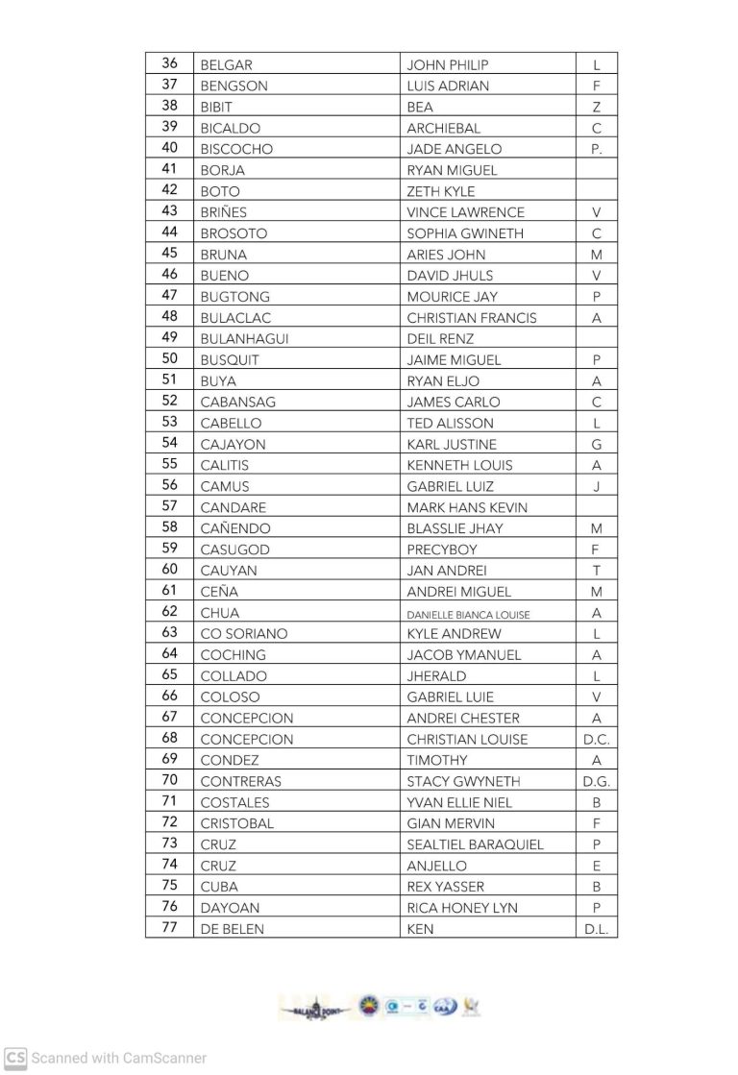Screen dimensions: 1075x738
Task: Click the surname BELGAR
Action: pyautogui.click(x=227, y=65)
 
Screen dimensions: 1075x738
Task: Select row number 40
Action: pyautogui.click(x=169, y=148)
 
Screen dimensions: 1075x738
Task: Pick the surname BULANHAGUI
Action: pyautogui.click(x=244, y=339)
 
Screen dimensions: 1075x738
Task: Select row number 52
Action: pyautogui.click(x=169, y=401)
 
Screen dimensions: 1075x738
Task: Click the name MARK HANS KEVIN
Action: pyautogui.click(x=467, y=507)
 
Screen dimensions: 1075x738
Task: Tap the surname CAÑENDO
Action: pyautogui.click(x=235, y=528)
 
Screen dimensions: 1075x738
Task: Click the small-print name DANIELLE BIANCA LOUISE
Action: pyautogui.click(x=468, y=614)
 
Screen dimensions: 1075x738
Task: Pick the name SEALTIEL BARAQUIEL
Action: pyautogui.click(x=475, y=845)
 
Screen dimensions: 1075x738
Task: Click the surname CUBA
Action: pyautogui.click(x=219, y=887)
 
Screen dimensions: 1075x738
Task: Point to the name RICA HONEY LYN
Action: pyautogui.click(x=455, y=908)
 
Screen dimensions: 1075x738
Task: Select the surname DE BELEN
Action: pyautogui.click(x=232, y=929)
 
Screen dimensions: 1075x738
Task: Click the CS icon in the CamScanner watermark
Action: pyautogui.click(x=15, y=1058)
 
